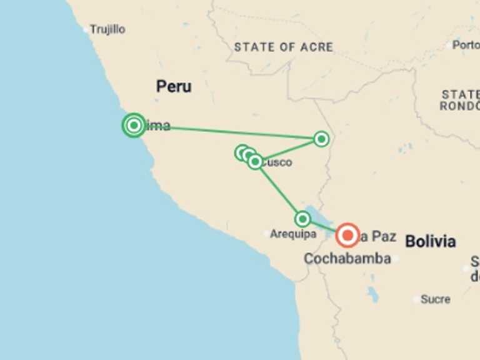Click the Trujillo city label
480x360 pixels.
point(107,29)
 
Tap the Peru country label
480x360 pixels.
point(174,87)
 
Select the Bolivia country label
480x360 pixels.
point(430,241)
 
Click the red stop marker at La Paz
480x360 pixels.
point(347,236)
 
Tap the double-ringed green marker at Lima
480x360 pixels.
point(134,126)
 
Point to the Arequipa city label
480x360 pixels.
point(293,234)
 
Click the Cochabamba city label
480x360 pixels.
point(347,258)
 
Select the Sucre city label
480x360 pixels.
point(436,299)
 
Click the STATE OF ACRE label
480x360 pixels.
point(283,47)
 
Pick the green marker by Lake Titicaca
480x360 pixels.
point(302,219)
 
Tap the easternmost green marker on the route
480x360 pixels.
point(321,139)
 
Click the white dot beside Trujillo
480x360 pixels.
point(86,29)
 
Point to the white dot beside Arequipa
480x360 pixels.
point(266,234)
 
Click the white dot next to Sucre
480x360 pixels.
point(417,299)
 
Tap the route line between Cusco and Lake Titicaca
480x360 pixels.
point(279,190)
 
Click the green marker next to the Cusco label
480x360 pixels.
point(255,162)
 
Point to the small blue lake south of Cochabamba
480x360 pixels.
point(373,294)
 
